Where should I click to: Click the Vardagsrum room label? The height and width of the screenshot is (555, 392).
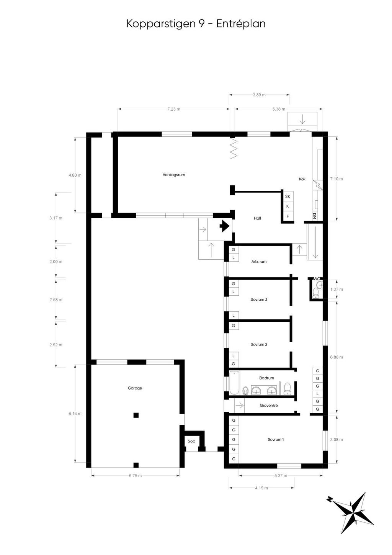173,175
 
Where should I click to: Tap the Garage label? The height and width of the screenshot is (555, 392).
135,388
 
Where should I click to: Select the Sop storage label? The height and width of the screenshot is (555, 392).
191,441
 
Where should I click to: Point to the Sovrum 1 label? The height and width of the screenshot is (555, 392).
276,439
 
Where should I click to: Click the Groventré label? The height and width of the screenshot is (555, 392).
269,405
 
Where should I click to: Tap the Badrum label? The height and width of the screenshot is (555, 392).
266,378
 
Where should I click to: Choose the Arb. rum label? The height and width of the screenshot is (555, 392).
259,262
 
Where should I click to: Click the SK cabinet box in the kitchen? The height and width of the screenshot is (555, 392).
287,196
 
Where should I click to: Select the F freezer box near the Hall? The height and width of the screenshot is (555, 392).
287,216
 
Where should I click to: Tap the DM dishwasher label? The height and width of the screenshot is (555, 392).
314,216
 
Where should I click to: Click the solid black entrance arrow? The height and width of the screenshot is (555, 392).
224,226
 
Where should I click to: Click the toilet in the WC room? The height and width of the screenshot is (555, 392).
316,293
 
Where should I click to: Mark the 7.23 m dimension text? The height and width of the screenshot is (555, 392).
173,109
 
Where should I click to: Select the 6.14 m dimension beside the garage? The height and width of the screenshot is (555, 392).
75,414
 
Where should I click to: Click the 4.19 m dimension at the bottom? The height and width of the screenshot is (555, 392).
261,488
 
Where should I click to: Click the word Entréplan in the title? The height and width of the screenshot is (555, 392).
241,24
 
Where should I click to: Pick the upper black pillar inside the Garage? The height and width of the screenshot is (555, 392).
136,415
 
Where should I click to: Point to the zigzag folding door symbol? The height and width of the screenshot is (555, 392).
234,148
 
